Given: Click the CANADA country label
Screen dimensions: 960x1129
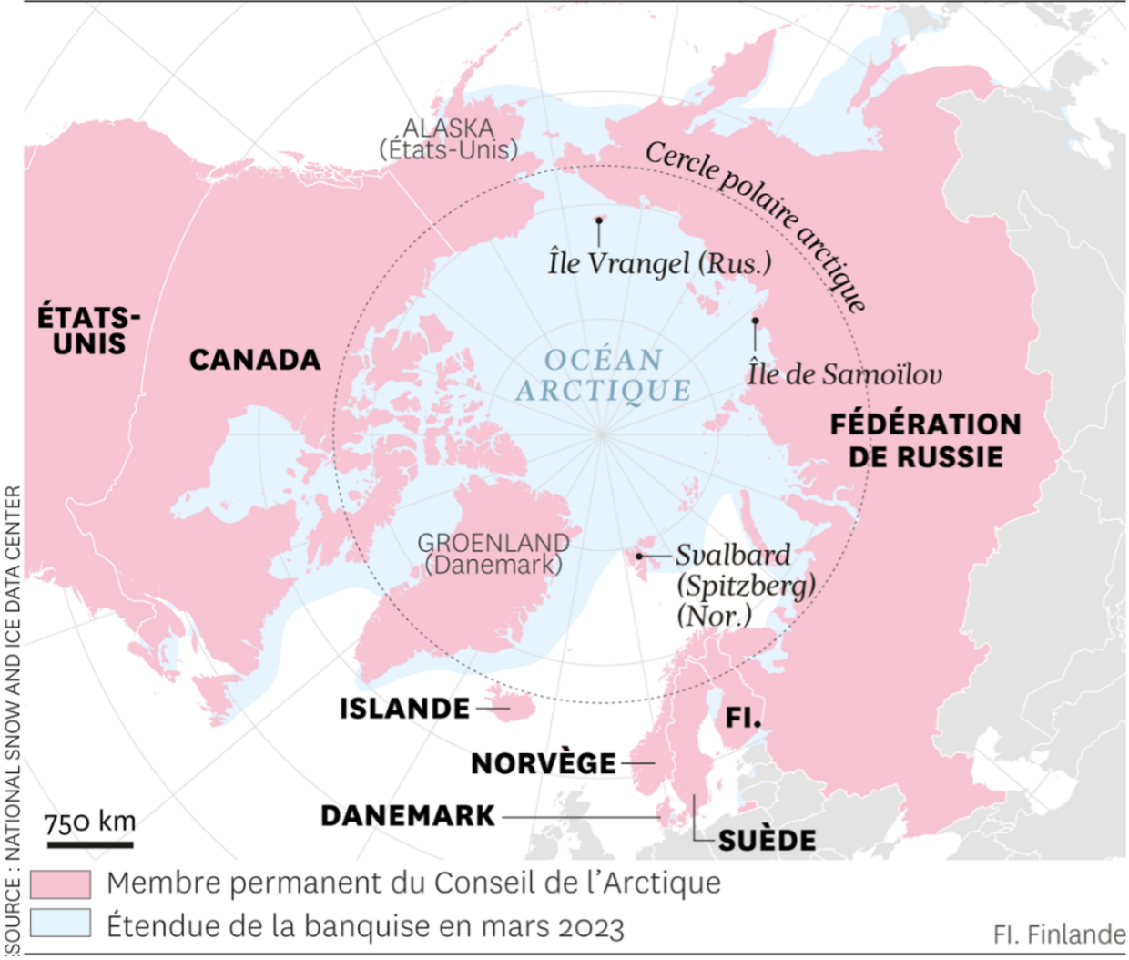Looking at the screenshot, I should click(x=255, y=360).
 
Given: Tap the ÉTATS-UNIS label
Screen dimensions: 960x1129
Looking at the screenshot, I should click(x=89, y=331).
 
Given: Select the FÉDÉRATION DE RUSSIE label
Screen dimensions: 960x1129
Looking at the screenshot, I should click(x=925, y=440).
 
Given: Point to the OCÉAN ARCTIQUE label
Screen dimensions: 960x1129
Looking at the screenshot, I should click(x=604, y=375).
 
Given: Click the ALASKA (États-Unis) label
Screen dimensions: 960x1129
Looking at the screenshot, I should click(x=449, y=139).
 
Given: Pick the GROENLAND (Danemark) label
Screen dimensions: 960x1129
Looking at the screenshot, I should click(x=493, y=554).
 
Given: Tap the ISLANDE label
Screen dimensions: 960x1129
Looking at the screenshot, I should click(x=405, y=709).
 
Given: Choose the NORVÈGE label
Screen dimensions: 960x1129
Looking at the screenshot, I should click(x=544, y=763).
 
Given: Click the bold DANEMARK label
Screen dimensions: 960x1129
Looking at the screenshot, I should click(x=408, y=816).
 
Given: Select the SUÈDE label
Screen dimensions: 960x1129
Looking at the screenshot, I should click(x=767, y=840).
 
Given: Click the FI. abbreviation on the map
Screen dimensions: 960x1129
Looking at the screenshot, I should click(x=743, y=718).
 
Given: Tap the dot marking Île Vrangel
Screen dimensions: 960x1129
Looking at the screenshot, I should click(x=599, y=220).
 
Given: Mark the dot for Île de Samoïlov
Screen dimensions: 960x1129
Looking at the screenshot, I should click(x=755, y=321).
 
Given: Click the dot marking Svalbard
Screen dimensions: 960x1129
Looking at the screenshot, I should click(x=639, y=556).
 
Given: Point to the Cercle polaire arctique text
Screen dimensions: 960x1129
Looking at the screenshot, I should click(x=757, y=224).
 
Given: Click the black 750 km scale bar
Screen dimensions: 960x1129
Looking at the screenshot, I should click(x=90, y=844).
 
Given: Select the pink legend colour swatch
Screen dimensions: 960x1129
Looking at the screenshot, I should click(x=60, y=883).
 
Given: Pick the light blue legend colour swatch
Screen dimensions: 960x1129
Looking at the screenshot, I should click(x=60, y=924).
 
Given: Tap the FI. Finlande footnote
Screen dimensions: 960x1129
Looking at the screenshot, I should click(x=1058, y=934).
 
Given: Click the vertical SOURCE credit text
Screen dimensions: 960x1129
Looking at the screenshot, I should click(x=12, y=720).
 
